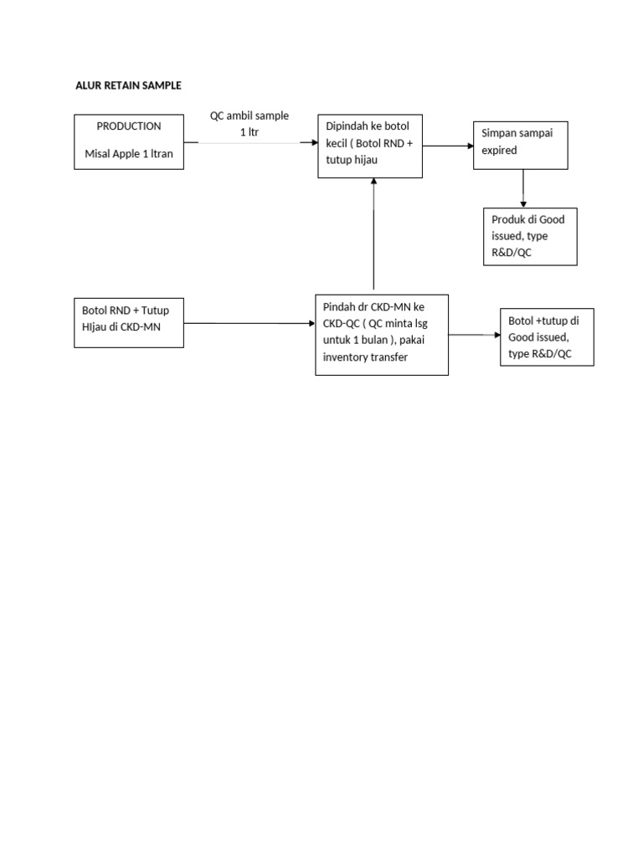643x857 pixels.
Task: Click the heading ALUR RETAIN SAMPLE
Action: coord(128,85)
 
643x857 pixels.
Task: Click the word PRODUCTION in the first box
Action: coord(129,126)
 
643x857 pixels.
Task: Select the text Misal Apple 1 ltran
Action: coord(129,153)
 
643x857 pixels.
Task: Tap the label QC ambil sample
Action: coord(249,116)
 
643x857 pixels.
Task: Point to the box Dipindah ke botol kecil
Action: coord(369,146)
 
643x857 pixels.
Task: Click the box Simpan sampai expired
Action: coord(521,146)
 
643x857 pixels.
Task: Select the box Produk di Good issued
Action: coord(530,236)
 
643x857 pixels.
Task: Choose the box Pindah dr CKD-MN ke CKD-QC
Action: coord(382,334)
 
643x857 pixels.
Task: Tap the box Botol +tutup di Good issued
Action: coord(547,337)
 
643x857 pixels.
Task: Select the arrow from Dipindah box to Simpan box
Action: coord(448,146)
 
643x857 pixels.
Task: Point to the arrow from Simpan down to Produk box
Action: coord(523,188)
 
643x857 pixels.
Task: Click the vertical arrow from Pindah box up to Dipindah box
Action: coord(373,235)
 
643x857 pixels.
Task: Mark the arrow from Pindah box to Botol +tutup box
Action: coord(474,335)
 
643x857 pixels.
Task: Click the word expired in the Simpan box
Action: coord(499,151)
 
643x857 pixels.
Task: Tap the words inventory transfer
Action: coord(366,357)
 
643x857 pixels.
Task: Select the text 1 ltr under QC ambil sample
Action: coord(249,132)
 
